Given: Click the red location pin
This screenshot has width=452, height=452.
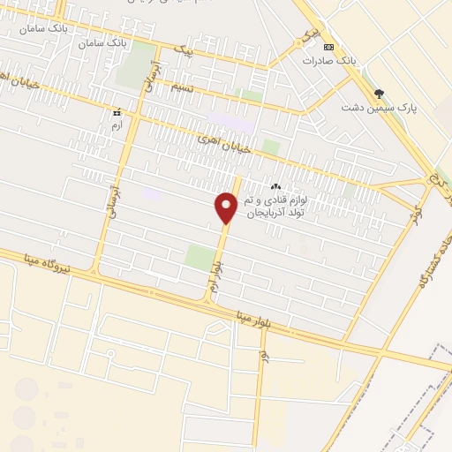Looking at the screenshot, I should coord(227,207).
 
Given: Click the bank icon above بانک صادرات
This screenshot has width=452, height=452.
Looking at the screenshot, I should coord(329,47).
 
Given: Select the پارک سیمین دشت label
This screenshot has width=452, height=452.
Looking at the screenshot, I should coord(379,108).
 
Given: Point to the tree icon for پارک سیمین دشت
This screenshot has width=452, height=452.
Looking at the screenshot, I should coord(379,93).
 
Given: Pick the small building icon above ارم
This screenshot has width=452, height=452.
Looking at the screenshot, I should coord(116,113).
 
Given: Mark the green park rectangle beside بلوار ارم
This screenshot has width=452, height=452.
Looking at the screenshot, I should coord(200,259).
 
